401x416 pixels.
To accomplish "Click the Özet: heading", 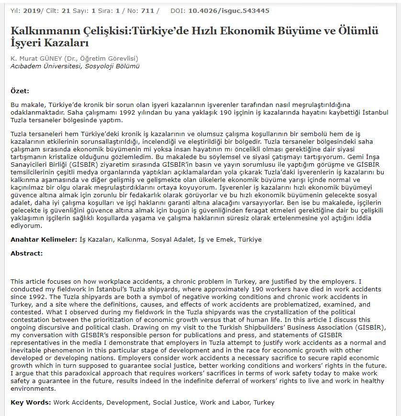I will (20, 90).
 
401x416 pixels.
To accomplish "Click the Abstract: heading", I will (27, 253).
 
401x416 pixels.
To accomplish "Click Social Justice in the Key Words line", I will (174, 402).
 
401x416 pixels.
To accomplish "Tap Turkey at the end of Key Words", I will (264, 402).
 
